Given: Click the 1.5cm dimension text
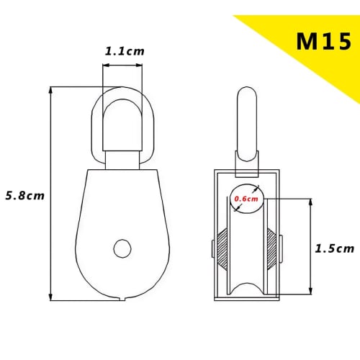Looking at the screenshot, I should tap(335, 248).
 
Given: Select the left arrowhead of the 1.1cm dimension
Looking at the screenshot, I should tap(105, 66).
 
